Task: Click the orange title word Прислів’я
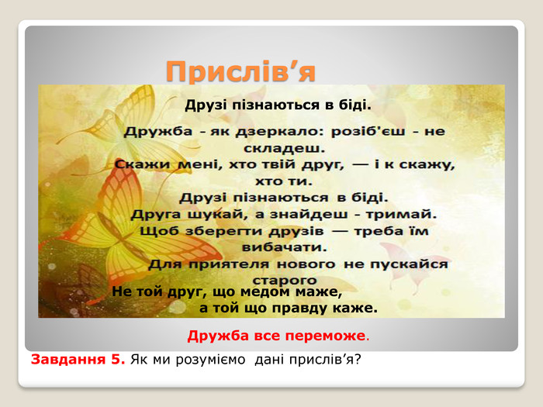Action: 240,72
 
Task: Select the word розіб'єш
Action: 368,132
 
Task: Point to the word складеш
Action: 285,149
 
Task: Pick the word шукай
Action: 217,215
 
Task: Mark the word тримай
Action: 401,215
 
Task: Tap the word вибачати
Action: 284,247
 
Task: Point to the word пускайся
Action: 409,265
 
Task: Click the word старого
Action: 285,280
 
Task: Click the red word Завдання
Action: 68,360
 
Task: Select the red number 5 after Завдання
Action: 116,360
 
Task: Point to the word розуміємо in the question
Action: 210,360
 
